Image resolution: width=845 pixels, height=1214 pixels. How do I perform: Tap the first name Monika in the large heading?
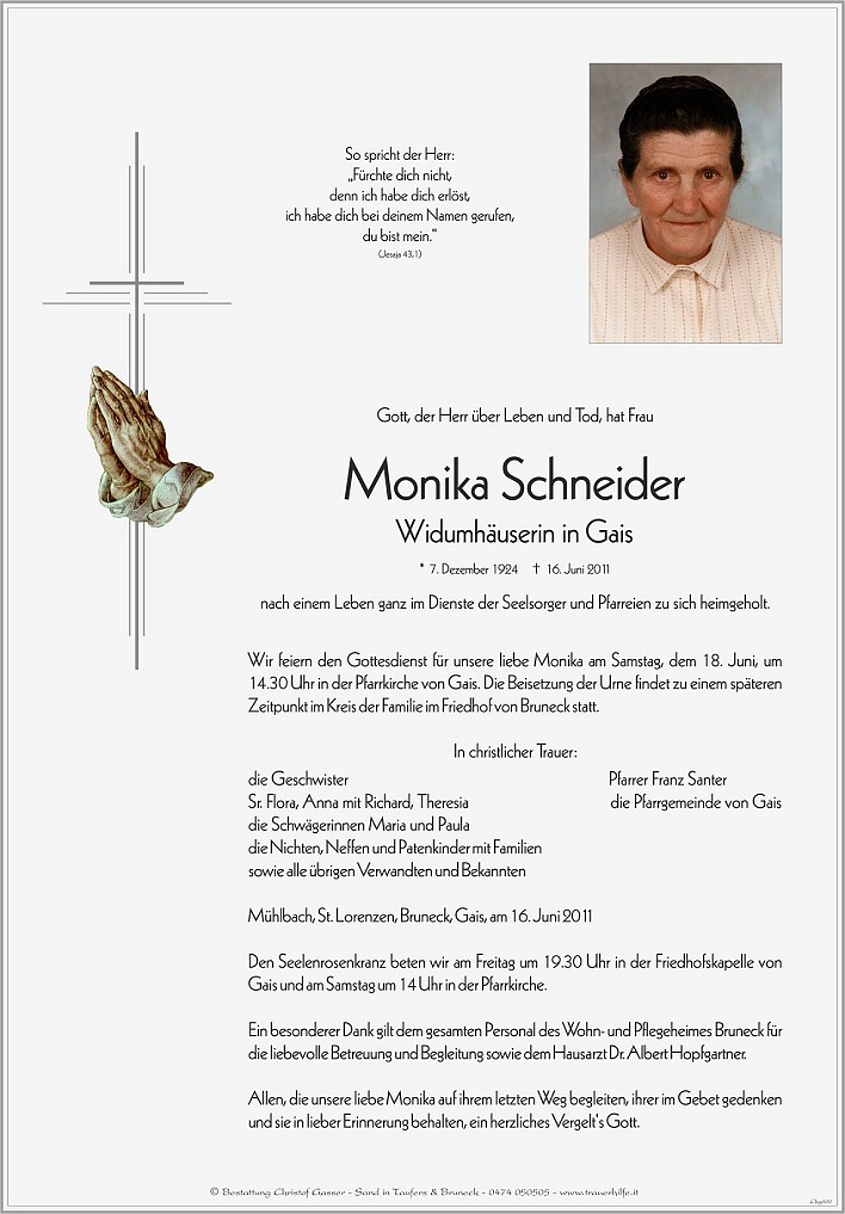416,483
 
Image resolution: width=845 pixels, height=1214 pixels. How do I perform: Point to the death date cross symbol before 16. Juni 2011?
536,568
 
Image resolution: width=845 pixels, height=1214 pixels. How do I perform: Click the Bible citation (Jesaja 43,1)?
399,255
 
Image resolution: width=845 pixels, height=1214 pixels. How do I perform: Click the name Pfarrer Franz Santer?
668,780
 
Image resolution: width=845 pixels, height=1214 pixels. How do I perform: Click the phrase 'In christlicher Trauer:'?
515,752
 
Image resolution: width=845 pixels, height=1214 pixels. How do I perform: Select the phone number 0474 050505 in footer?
519,1192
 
